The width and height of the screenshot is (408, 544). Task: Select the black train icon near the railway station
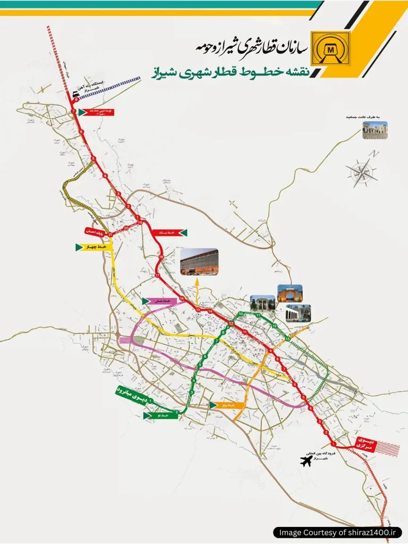(76, 92)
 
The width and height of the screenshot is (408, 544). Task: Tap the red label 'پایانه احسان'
(96, 232)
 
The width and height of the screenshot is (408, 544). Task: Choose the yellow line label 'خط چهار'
(95, 247)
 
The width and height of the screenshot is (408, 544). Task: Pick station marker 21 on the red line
(110, 234)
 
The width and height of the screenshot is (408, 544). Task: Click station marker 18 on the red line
(160, 258)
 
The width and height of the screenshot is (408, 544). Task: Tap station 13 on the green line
(287, 338)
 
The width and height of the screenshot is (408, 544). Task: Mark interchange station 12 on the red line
(232, 324)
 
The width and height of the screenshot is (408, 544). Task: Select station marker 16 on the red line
(182, 299)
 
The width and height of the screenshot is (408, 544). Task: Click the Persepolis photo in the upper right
(375, 131)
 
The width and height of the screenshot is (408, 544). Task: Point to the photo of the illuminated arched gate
(290, 293)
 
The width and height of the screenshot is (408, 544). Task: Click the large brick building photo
(199, 262)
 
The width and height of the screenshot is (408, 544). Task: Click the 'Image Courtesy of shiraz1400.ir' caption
(338, 532)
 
